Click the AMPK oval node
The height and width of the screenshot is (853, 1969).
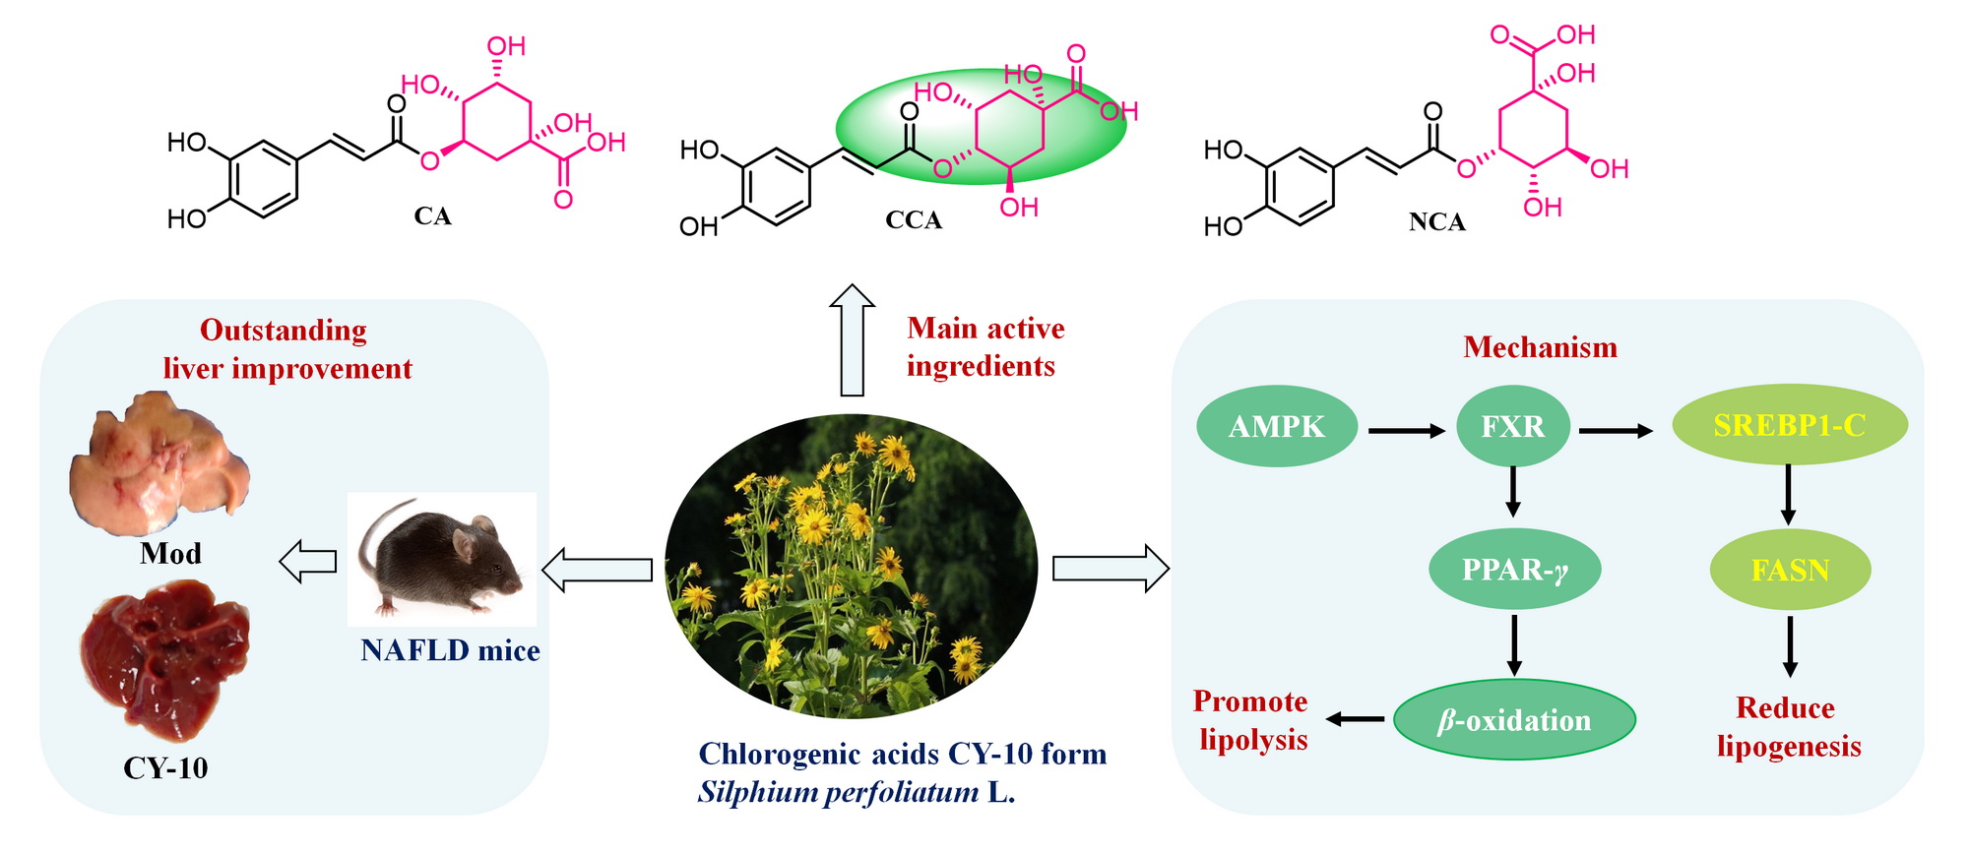coord(1276,427)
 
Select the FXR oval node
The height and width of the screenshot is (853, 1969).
coord(1512,427)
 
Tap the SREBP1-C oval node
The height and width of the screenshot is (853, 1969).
coord(1789,425)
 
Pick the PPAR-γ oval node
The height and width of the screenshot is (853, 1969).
coord(1514,570)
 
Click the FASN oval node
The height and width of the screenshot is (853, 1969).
coord(1790,571)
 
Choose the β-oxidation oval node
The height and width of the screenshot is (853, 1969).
coord(1514,720)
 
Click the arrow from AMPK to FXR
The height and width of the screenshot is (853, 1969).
coord(1406,430)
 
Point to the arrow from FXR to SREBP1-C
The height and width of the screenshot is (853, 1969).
coord(1616,430)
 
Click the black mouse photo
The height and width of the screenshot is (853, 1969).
coord(442,557)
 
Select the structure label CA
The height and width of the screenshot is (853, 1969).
coord(432,216)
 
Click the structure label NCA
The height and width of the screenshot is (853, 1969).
coord(1436,222)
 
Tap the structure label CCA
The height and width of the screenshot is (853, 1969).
coord(913,220)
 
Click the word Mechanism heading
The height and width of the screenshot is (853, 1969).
coord(1540,347)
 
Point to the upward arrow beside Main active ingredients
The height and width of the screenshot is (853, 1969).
coord(852,340)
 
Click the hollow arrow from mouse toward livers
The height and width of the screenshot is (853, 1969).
coord(308,562)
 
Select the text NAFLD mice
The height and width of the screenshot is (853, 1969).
coord(450,650)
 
